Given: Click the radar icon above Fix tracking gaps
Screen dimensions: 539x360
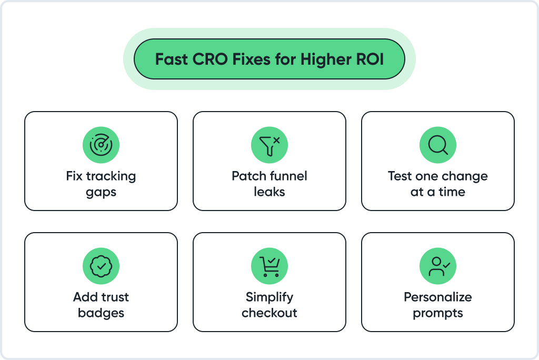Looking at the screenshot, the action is [101, 145].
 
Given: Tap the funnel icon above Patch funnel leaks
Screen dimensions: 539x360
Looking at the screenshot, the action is [269, 145].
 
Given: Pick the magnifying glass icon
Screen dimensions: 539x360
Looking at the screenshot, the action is [438, 145].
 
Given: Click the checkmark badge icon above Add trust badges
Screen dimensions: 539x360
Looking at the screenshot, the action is [101, 266].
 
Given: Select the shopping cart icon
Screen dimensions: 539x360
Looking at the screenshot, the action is [269, 266].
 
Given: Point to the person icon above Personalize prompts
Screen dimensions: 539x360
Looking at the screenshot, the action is [438, 266].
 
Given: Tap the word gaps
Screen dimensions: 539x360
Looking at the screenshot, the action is [101, 193].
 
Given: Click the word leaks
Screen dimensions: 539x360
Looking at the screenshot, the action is [269, 192].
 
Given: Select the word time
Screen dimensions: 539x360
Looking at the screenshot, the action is [452, 192].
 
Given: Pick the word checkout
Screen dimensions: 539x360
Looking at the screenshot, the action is [269, 313].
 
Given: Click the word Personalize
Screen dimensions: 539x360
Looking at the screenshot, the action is [438, 297].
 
